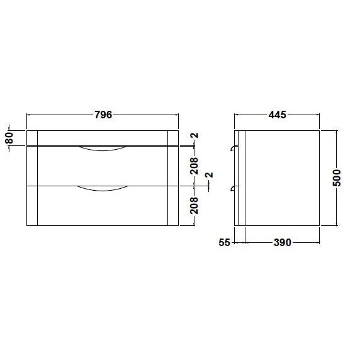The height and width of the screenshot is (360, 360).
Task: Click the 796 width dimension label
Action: click(x=103, y=115)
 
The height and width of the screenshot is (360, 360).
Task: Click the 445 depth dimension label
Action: click(x=278, y=115)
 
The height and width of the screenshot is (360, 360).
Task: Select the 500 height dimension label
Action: click(x=337, y=178)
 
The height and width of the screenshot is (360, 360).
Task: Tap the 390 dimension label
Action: click(x=283, y=242)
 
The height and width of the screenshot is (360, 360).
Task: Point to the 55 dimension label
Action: click(x=224, y=242)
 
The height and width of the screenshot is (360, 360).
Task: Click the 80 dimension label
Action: click(x=9, y=138)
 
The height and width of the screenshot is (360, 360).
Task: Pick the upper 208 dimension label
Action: click(x=194, y=166)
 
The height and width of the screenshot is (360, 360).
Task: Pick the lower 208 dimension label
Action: click(x=194, y=205)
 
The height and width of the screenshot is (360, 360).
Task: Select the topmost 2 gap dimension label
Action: click(x=195, y=135)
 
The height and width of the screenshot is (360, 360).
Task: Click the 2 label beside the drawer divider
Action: click(x=210, y=175)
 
